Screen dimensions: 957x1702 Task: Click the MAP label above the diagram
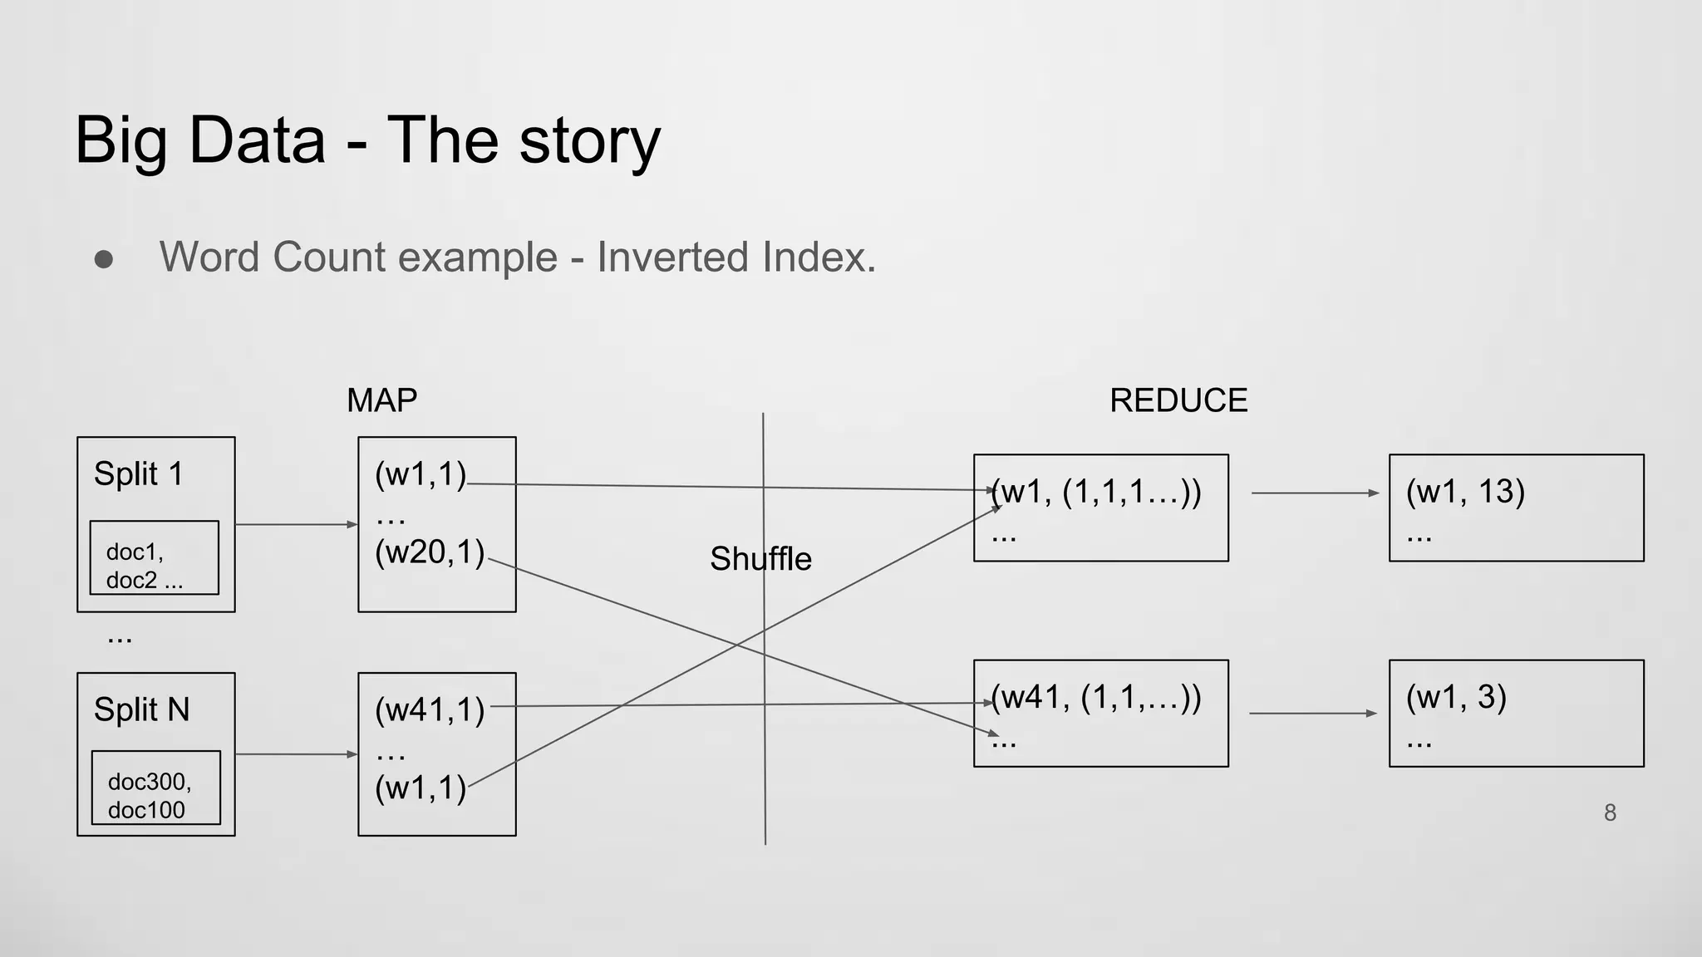(381, 400)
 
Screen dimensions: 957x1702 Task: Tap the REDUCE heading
(1178, 400)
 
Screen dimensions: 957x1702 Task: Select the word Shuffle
(760, 559)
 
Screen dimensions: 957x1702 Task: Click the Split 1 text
(138, 474)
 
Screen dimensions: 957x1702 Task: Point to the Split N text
(141, 710)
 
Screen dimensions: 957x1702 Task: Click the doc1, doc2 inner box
(154, 558)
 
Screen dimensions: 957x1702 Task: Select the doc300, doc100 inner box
(155, 788)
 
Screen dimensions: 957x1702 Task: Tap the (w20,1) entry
(429, 552)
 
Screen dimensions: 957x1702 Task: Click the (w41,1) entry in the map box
(429, 710)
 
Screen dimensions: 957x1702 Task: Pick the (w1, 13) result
(1464, 492)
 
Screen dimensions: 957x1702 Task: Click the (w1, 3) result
(1455, 697)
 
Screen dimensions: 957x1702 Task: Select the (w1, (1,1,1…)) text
(1096, 493)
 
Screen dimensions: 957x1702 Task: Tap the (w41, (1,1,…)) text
(1096, 698)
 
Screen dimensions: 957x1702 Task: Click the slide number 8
(1610, 812)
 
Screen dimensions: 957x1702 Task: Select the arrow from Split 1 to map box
(296, 524)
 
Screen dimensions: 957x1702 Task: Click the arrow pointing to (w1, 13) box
(1315, 493)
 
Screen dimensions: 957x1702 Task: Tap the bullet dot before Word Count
(104, 259)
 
